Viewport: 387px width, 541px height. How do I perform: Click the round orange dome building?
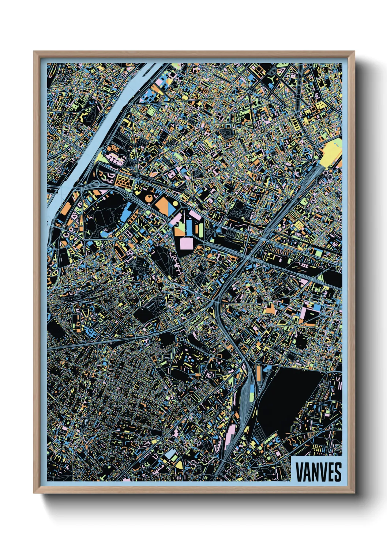coord(150,198)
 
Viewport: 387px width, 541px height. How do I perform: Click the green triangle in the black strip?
coord(320,278)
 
